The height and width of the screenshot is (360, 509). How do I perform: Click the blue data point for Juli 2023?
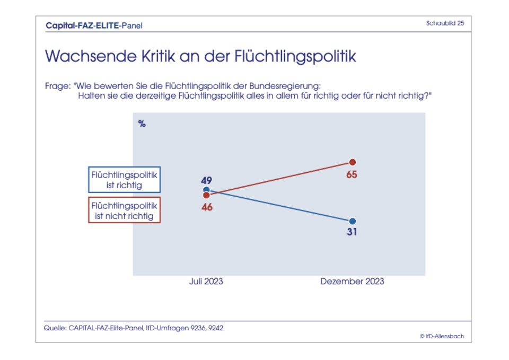pos(206,190)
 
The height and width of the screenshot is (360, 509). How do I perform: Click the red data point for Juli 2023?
pos(206,195)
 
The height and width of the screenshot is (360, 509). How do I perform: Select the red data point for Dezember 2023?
pos(352,162)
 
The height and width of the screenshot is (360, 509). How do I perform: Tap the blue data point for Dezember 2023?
pos(352,221)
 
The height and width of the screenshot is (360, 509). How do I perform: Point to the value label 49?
pos(206,180)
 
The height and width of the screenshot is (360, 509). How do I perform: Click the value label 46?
pos(207,207)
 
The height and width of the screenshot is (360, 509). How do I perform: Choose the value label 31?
pos(352,233)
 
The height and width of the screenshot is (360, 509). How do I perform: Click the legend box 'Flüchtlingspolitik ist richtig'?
pos(125,180)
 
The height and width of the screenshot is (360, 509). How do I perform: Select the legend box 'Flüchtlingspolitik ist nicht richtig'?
pos(125,210)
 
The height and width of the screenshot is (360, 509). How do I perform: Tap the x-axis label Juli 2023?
pos(206,282)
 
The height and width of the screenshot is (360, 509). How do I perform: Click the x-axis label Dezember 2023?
pos(352,282)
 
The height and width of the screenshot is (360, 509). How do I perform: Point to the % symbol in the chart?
pos(142,124)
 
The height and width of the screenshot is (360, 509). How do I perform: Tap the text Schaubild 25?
pos(445,23)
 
